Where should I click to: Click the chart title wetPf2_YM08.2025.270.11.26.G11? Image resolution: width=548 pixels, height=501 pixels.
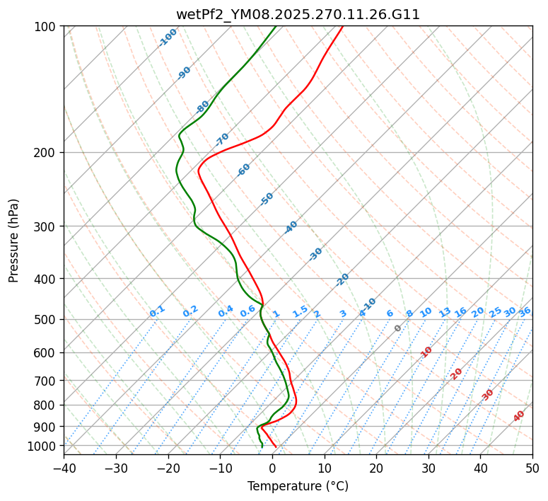[298, 14]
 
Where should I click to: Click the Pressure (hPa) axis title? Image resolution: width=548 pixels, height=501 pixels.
[13, 240]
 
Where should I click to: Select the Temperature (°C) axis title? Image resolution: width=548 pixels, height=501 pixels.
[298, 486]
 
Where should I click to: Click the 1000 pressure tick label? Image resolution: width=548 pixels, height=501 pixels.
[45, 446]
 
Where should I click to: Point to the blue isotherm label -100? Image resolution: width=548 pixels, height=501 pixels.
[168, 38]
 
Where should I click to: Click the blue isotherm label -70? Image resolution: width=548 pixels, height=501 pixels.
[223, 139]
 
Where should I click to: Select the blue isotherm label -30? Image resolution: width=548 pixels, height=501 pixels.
[315, 254]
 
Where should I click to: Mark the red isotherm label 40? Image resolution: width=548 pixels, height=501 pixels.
[519, 416]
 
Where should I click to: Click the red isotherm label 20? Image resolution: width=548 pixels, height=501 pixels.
[457, 373]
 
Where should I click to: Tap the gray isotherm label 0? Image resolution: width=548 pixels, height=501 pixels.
[397, 328]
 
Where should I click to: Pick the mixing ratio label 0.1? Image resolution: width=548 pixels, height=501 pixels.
[157, 311]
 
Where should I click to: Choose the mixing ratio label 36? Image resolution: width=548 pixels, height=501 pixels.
[525, 311]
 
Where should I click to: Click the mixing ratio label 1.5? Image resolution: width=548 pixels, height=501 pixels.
[300, 311]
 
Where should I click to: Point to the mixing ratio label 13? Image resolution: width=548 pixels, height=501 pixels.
[445, 312]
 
